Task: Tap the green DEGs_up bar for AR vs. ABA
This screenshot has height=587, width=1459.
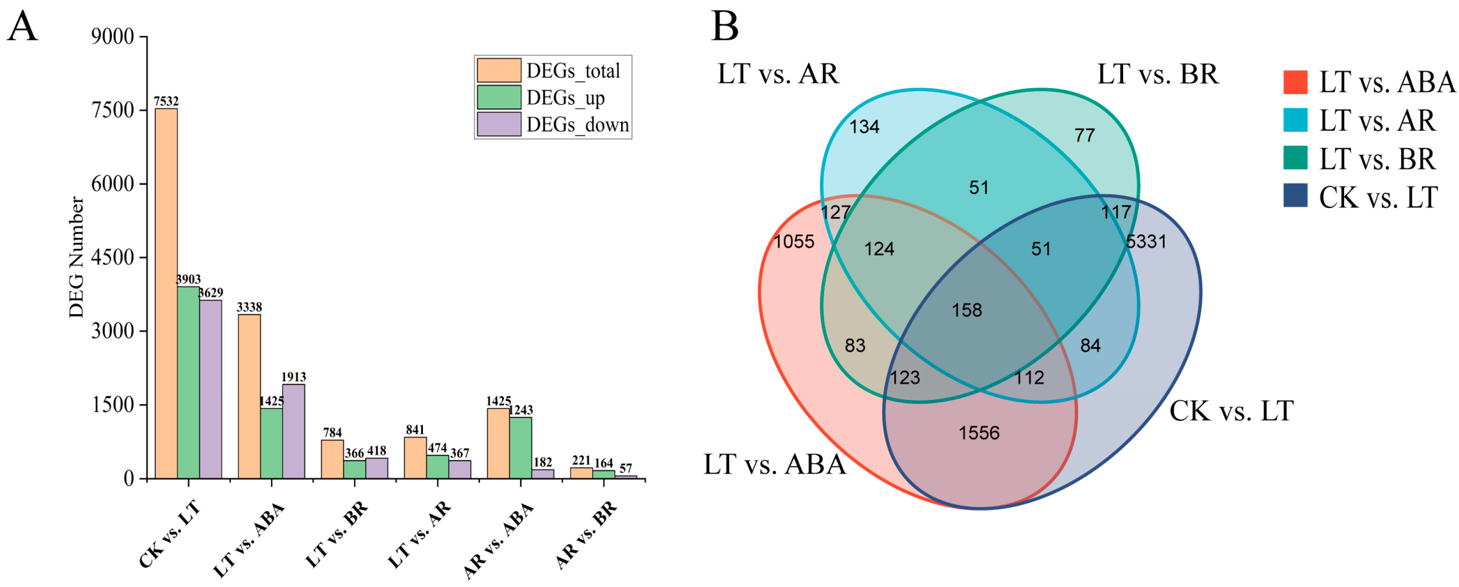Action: [521, 448]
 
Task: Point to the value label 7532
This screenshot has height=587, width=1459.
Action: [166, 101]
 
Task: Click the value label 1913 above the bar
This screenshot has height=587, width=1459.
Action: [293, 377]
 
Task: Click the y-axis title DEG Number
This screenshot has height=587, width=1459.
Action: [77, 258]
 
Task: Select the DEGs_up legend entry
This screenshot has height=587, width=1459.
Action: [565, 98]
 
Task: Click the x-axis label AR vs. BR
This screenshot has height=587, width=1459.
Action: [587, 535]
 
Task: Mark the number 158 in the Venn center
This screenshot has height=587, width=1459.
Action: [966, 310]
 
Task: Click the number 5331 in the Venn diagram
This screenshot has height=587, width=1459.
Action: [1146, 242]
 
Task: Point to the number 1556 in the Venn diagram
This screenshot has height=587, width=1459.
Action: [979, 433]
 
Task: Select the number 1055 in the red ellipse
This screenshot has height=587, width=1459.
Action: [794, 242]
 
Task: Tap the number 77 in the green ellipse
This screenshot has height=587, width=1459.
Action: [1084, 135]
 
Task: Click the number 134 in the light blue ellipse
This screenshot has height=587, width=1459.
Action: [864, 127]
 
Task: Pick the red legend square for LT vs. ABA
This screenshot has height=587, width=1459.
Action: [1295, 82]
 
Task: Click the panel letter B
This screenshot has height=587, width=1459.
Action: [724, 27]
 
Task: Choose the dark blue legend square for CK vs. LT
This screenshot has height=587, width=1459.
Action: [1295, 196]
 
